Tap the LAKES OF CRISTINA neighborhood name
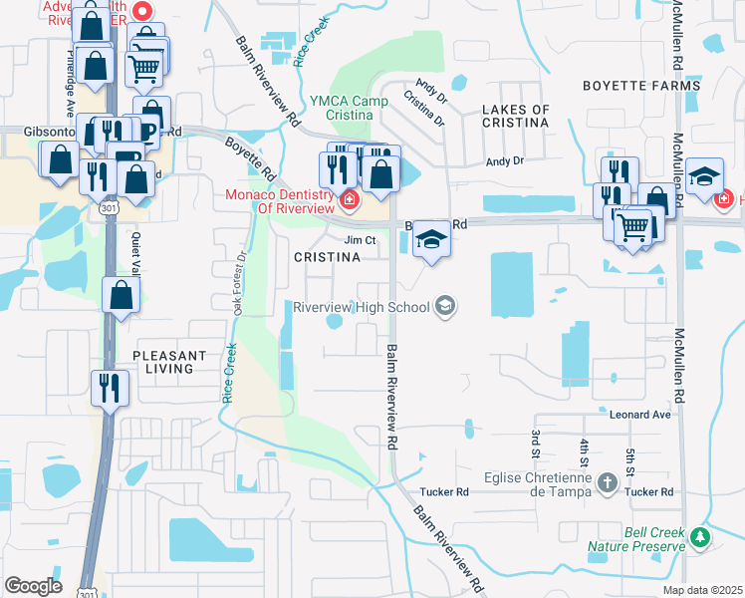click(515, 116)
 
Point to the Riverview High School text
click(361, 306)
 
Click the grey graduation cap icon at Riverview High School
click(446, 306)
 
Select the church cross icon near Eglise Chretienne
click(606, 484)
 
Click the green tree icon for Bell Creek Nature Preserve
click(700, 538)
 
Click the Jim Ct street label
click(360, 240)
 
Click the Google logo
click(34, 586)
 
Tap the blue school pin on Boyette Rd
click(431, 239)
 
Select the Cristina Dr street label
click(423, 108)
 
